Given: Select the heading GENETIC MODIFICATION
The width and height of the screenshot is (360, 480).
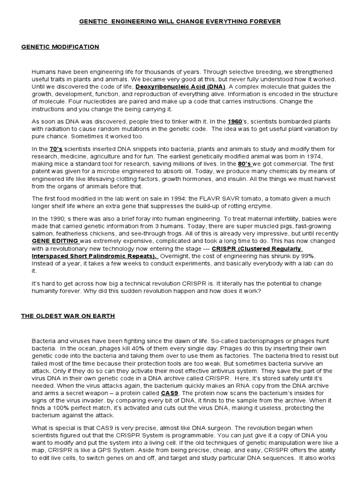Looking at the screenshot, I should coord(60,47).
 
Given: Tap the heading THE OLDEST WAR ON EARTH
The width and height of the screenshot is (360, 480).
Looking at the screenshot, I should coord(68,316).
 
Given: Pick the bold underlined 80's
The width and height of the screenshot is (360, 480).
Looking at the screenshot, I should coord(244,164).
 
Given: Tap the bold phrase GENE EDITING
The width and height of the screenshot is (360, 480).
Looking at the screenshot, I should coord(55,241).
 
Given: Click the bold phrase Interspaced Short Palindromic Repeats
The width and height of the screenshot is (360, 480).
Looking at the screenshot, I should coord(94,256).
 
